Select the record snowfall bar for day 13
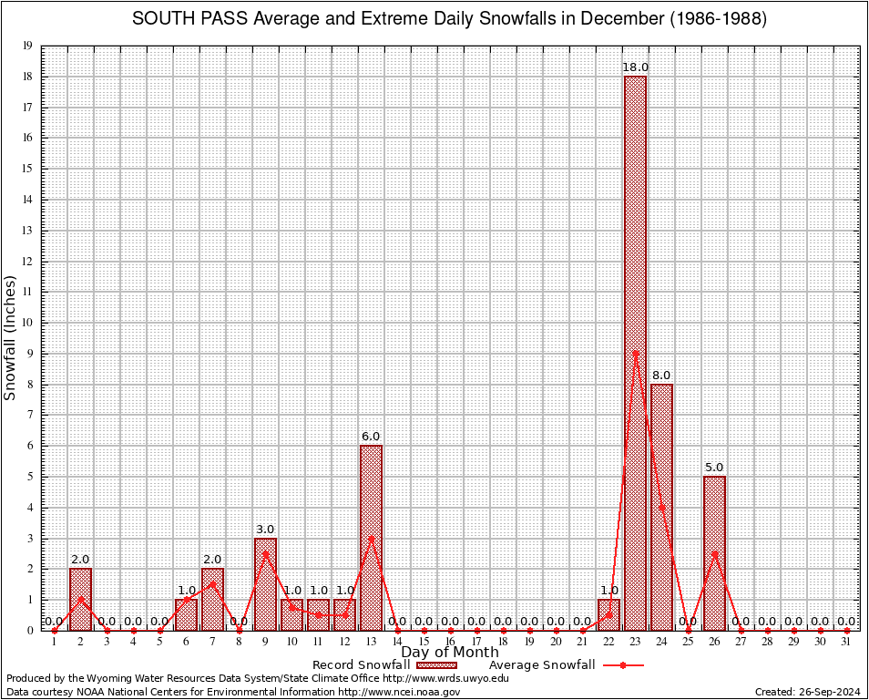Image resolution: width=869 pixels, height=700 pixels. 371,537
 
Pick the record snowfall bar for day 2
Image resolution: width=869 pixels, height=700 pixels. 80,599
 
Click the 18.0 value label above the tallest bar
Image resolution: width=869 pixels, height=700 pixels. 635,67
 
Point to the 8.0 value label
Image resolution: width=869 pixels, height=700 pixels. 661,376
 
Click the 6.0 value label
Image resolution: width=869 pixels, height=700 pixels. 371,437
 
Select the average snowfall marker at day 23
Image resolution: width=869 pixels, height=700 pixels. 635,353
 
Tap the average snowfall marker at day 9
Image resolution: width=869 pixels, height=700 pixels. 265,553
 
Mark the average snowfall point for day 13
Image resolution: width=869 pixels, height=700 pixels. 371,538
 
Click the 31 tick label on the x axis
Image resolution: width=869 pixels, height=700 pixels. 846,643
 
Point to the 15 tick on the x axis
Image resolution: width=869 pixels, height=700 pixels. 424,643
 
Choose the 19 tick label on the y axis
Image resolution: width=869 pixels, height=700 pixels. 28,46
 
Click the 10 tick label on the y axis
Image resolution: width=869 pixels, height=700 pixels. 28,323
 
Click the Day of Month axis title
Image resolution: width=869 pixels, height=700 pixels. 450,652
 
